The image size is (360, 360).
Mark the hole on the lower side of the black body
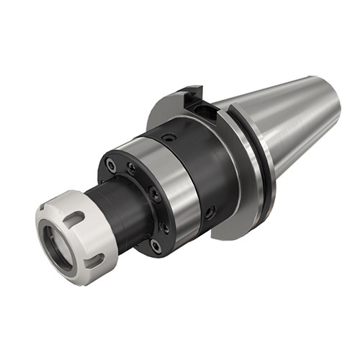coord(210,212)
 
